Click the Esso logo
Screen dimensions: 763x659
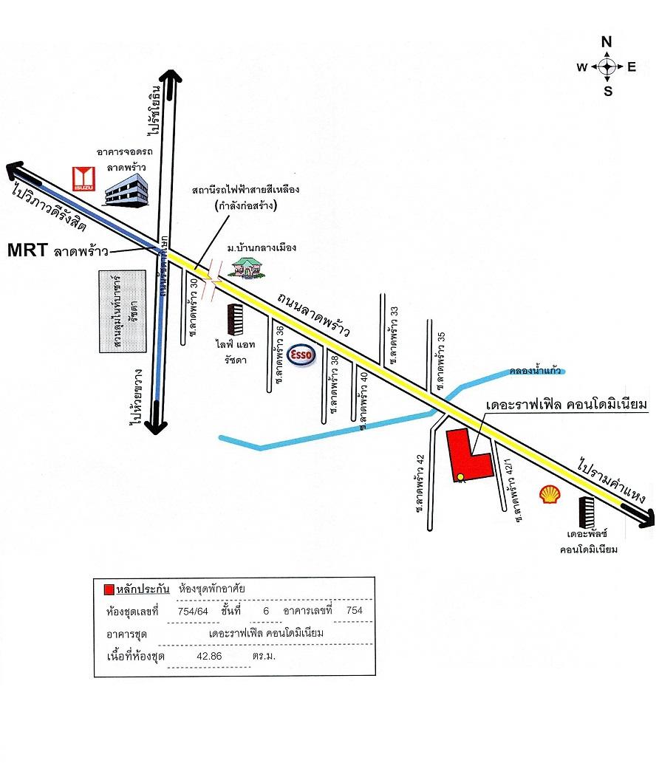304,356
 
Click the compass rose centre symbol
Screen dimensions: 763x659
607,67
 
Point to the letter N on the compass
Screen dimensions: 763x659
607,42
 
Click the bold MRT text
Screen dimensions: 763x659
27,250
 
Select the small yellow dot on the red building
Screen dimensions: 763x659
460,476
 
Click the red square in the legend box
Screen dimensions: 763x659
109,589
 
